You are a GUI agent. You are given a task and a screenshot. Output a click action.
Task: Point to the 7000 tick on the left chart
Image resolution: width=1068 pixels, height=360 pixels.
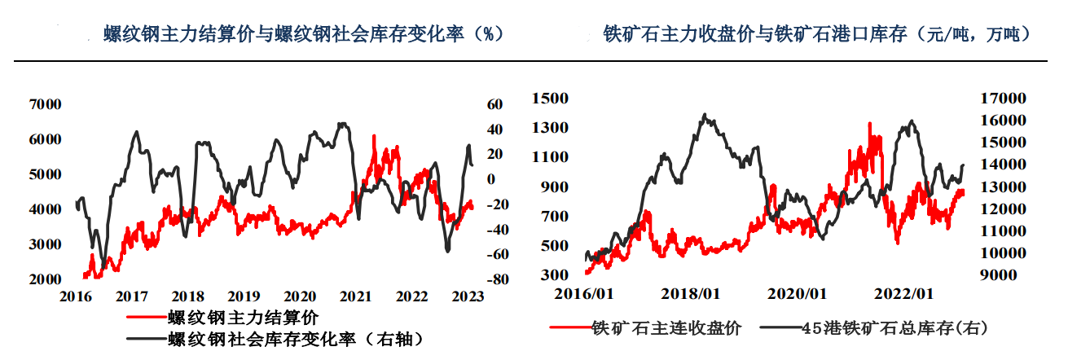45,104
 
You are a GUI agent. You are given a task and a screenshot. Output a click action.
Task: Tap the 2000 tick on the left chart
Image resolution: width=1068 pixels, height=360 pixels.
45,279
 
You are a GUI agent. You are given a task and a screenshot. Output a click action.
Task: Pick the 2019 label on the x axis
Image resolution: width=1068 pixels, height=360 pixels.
244,297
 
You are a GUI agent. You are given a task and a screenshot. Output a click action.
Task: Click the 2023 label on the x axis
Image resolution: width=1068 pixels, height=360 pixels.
467,297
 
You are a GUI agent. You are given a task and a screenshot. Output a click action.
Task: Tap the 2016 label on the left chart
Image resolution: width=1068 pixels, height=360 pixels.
77,297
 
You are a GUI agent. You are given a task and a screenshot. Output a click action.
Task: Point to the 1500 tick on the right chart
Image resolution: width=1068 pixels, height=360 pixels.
549,99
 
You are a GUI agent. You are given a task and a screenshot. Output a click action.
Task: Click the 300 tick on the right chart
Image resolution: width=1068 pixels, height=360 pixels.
553,275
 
